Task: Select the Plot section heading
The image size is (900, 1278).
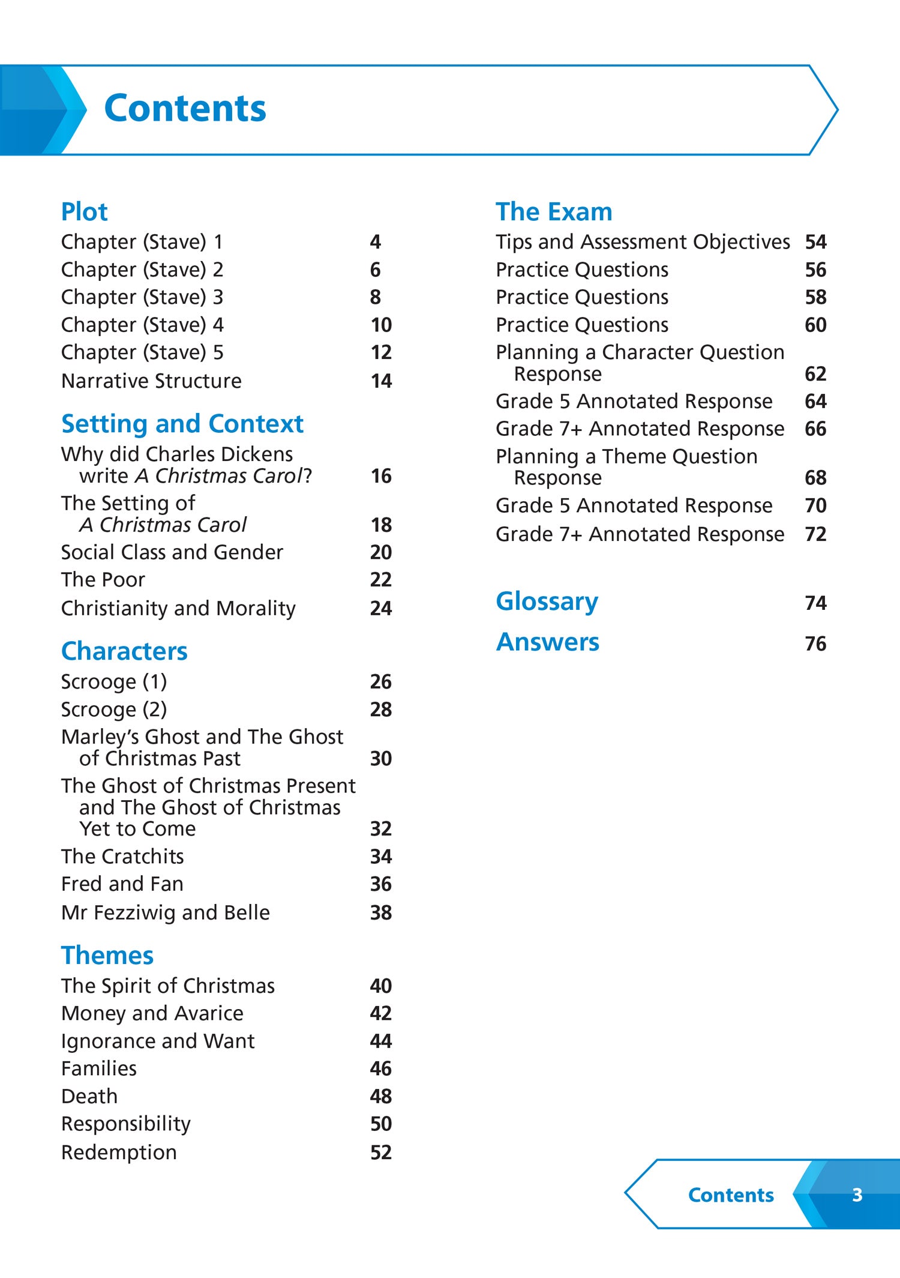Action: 85,212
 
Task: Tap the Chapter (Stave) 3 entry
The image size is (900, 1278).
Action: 142,297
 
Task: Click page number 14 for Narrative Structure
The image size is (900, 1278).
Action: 381,381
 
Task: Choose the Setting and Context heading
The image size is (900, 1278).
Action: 182,424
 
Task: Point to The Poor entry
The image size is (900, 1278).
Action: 103,580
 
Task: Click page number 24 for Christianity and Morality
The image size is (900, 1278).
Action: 381,609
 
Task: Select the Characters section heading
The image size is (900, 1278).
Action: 124,651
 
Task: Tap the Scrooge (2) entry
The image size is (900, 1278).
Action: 114,710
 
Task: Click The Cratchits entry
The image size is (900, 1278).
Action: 122,857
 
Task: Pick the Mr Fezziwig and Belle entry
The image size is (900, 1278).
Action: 166,913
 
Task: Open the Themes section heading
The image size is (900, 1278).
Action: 107,956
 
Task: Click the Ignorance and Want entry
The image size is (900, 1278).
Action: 158,1041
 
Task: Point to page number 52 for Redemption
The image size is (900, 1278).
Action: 381,1153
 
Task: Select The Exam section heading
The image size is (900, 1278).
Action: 554,212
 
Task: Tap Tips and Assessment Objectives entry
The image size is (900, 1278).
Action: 643,242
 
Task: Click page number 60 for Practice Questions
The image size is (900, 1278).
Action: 815,325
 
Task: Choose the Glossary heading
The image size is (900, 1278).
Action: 547,601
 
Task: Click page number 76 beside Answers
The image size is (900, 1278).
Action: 815,644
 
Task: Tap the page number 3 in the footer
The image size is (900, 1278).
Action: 857,1195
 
